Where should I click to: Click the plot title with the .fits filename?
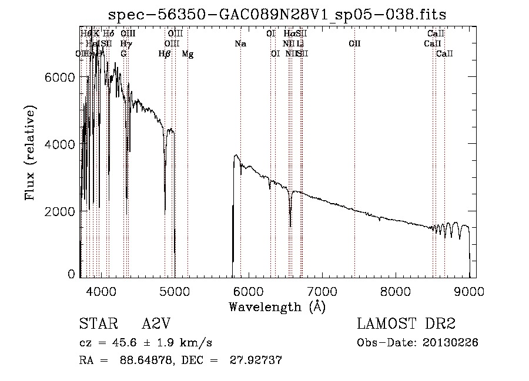click(278, 15)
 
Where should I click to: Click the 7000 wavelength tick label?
click(322, 291)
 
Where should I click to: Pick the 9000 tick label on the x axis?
click(469, 291)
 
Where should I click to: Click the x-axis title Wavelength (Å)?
click(277, 306)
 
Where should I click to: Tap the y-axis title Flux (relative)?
click(31, 153)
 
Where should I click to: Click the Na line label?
click(240, 44)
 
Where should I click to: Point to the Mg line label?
click(188, 55)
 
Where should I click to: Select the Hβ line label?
click(165, 55)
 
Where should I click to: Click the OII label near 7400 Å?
click(354, 44)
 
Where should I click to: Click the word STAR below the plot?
click(96, 324)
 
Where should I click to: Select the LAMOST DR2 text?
click(406, 324)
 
